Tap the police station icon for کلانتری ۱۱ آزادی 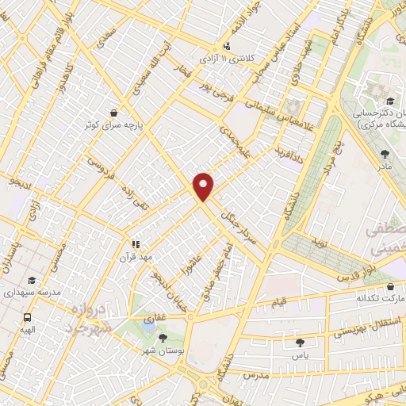pos(228,46)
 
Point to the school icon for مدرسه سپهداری pos(31,280)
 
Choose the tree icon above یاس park pos(300,343)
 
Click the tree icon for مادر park pos(385,155)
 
